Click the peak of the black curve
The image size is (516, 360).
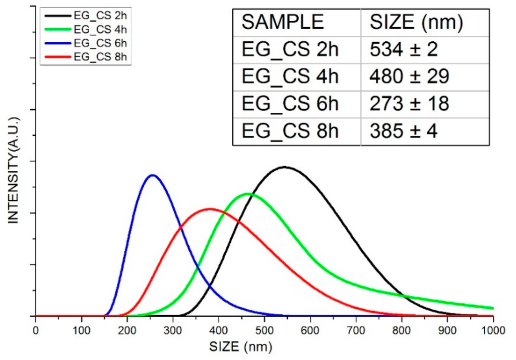coord(284,167)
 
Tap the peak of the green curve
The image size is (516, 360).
coord(247,193)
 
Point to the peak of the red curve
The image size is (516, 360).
coord(210,208)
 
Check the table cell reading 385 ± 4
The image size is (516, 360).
coord(403,131)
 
